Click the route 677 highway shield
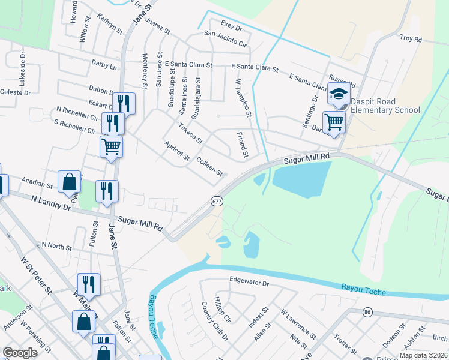tap(217, 202)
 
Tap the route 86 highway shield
tap(367, 313)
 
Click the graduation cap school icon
tap(338, 94)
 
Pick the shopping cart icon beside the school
tap(334, 122)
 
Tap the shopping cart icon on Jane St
tap(111, 146)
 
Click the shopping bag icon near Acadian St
tap(70, 181)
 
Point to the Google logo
tap(20, 352)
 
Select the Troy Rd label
tap(411, 39)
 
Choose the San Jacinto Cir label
tap(226, 39)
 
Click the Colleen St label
tap(209, 167)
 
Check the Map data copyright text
tap(423, 355)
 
